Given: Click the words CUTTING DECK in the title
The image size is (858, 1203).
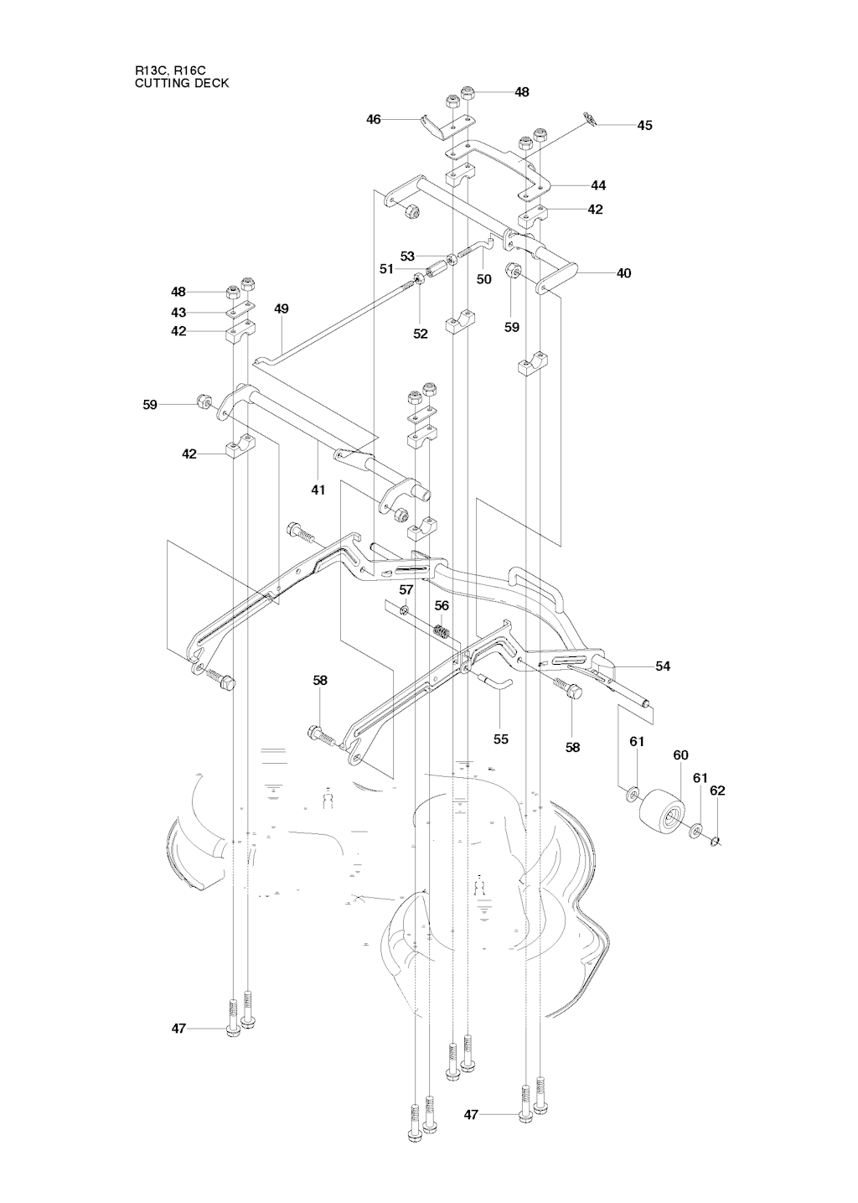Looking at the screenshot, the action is [182, 83].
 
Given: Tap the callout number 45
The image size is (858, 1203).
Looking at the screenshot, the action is [645, 125].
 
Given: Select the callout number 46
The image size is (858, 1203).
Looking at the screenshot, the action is [373, 119].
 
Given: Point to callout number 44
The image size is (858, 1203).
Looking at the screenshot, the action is [598, 185].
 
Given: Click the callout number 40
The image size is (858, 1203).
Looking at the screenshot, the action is [623, 272].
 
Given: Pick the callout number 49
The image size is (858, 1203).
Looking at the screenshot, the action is [282, 309].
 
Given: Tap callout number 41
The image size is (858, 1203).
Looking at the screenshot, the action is [318, 490].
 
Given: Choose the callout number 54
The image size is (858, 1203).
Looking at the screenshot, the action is [663, 666].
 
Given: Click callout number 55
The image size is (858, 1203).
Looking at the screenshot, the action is [501, 739].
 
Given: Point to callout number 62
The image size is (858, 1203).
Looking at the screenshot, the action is [717, 791].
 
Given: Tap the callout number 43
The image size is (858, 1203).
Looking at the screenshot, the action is [178, 313].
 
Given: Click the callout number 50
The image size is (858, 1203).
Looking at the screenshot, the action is [483, 279].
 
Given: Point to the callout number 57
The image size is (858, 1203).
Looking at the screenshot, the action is [406, 589].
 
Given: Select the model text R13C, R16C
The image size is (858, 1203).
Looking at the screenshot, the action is [170, 70].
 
